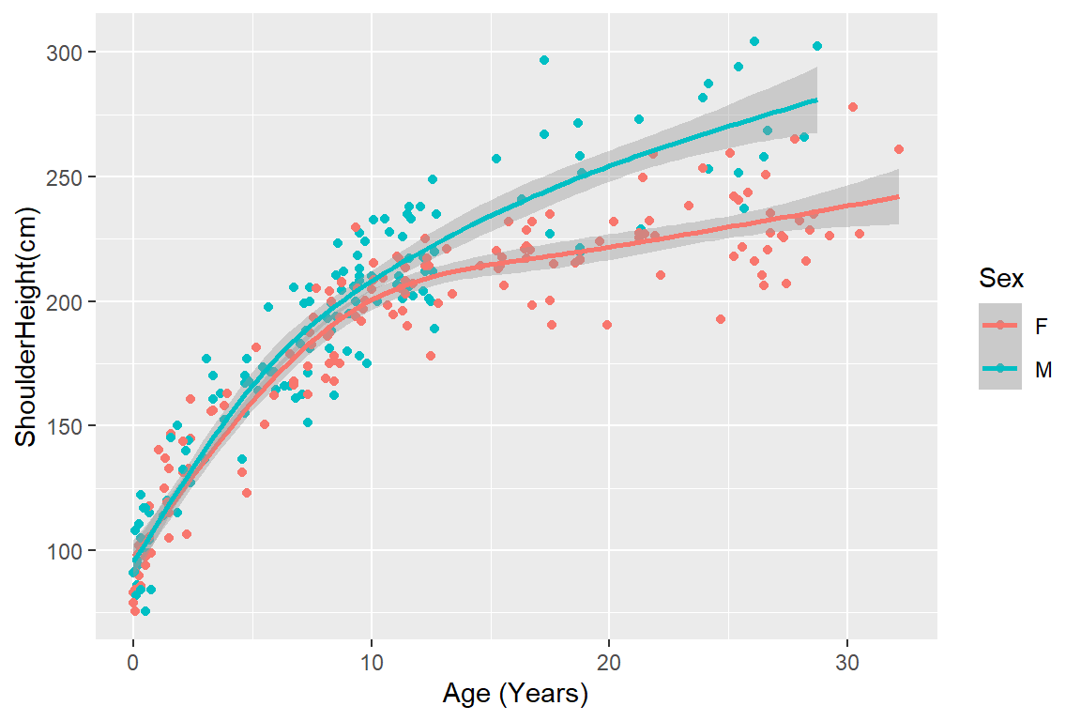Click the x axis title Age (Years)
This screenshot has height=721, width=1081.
coord(515,696)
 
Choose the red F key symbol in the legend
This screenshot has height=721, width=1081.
coord(1000,325)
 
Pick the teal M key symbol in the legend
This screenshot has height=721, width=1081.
coord(1000,370)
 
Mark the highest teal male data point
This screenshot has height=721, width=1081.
coord(754,41)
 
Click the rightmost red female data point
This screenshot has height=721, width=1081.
coord(898,149)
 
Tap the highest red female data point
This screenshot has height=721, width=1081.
coord(853,107)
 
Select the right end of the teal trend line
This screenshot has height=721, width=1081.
coord(816,100)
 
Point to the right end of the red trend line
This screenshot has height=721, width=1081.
coord(898,196)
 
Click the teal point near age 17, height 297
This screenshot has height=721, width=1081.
coord(544,60)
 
